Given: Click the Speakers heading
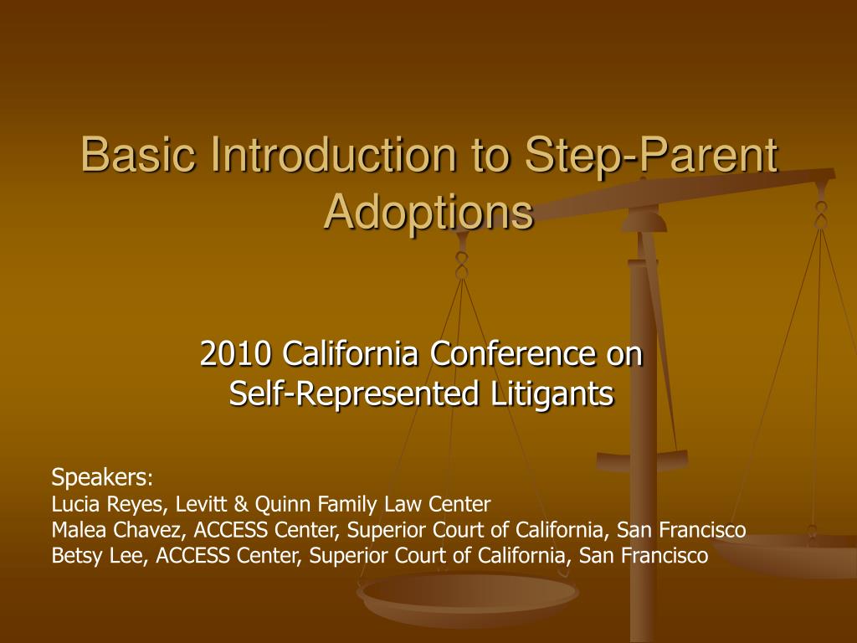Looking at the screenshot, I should click(x=101, y=478).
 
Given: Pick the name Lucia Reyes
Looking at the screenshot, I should click(x=102, y=504).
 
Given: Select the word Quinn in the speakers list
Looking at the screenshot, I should click(x=277, y=504).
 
